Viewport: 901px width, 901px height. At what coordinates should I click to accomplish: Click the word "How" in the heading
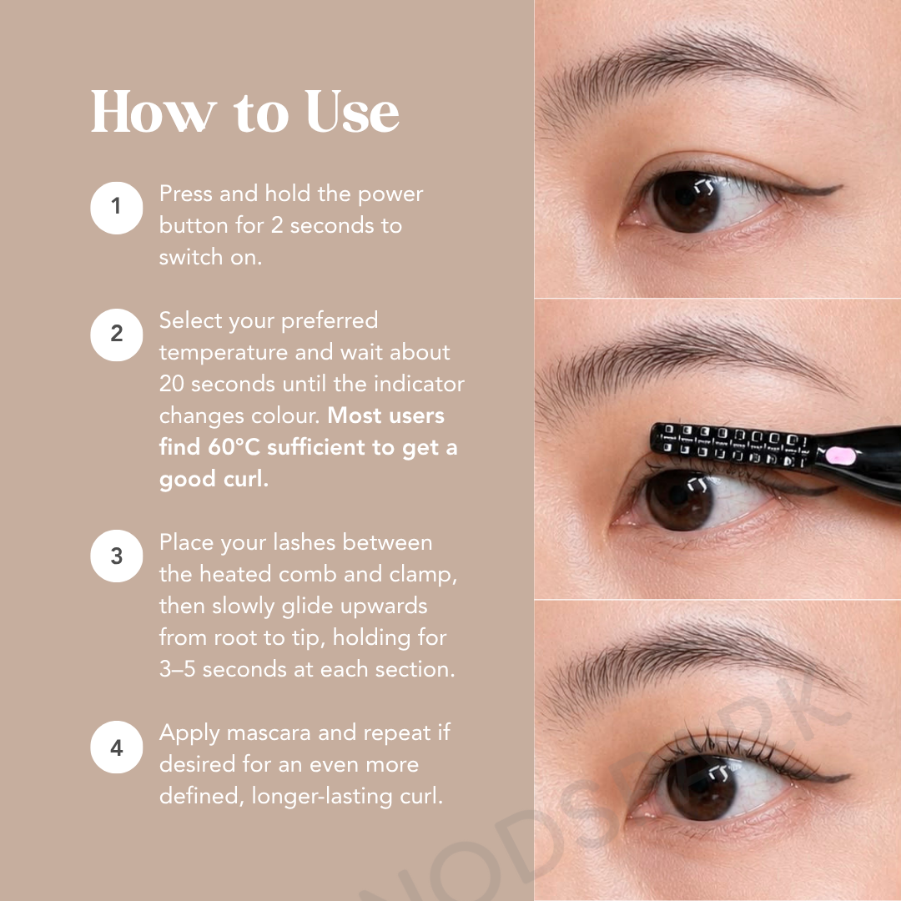154,112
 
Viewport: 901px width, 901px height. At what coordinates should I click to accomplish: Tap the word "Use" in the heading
352,112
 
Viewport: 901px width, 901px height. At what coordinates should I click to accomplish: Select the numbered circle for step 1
117,208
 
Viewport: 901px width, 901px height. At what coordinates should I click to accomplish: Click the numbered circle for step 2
117,335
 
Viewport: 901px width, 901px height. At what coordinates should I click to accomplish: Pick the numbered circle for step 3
117,556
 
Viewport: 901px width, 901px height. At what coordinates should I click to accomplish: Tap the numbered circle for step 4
117,747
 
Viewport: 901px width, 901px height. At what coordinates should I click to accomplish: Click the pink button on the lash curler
840,456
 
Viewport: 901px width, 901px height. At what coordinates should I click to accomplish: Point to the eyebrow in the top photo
690,75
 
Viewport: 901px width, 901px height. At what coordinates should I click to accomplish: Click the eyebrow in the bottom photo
695,661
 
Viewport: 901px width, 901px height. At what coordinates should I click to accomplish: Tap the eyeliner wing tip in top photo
841,186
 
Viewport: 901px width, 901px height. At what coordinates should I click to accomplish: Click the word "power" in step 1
390,194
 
